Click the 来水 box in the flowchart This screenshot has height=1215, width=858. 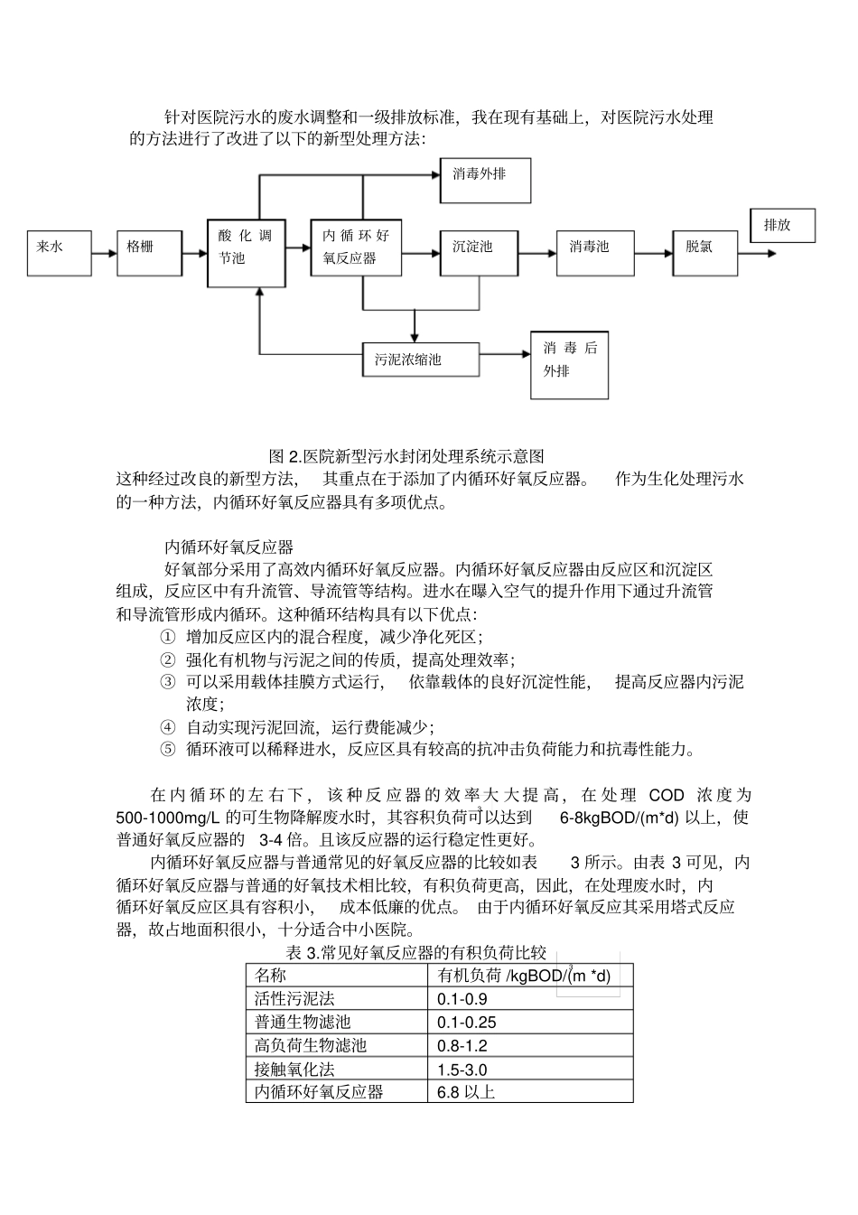(x=59, y=252)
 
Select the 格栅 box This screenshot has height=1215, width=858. (x=149, y=252)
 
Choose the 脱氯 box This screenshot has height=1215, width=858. (x=700, y=252)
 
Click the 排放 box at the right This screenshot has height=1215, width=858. (x=782, y=225)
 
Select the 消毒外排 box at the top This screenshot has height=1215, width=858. (x=485, y=180)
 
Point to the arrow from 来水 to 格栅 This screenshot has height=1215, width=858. (x=104, y=252)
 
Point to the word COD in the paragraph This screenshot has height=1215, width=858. (x=667, y=795)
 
